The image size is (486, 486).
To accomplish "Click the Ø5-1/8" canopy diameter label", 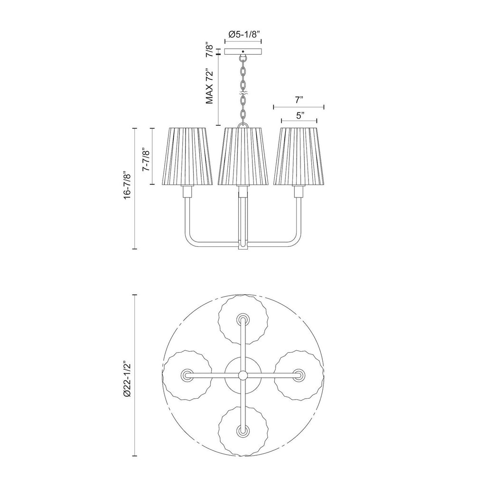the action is tap(243, 34).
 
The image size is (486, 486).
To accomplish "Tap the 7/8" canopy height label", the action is tap(210, 51).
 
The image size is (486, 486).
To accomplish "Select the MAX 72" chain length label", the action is tap(210, 85).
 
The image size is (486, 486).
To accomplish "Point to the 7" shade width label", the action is tap(299, 100).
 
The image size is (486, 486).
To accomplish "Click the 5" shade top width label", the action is tap(299, 116).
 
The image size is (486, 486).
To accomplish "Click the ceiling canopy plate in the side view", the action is tap(243, 51).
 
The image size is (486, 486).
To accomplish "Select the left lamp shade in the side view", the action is tap(187, 156).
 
